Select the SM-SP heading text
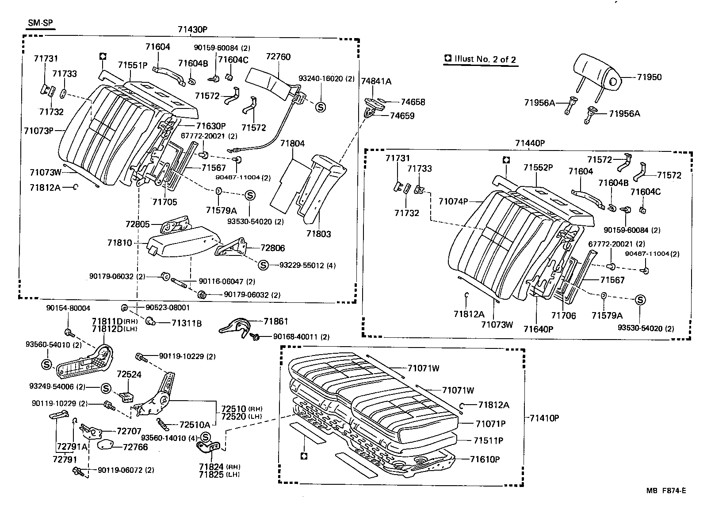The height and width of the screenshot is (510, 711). [x=40, y=23]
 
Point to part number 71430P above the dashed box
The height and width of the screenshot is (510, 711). [x=193, y=30]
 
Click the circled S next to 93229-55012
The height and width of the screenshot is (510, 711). [x=263, y=265]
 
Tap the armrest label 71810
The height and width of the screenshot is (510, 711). [x=120, y=243]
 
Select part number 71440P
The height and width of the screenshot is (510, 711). [x=530, y=143]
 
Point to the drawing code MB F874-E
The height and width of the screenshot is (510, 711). [x=666, y=491]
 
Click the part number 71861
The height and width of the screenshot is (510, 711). [x=276, y=321]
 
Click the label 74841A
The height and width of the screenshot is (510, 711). [x=376, y=81]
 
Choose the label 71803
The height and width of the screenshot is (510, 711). [x=318, y=234]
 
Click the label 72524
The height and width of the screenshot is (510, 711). [x=129, y=375]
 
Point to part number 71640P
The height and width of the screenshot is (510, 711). [x=538, y=329]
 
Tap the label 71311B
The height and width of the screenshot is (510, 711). [x=187, y=324]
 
